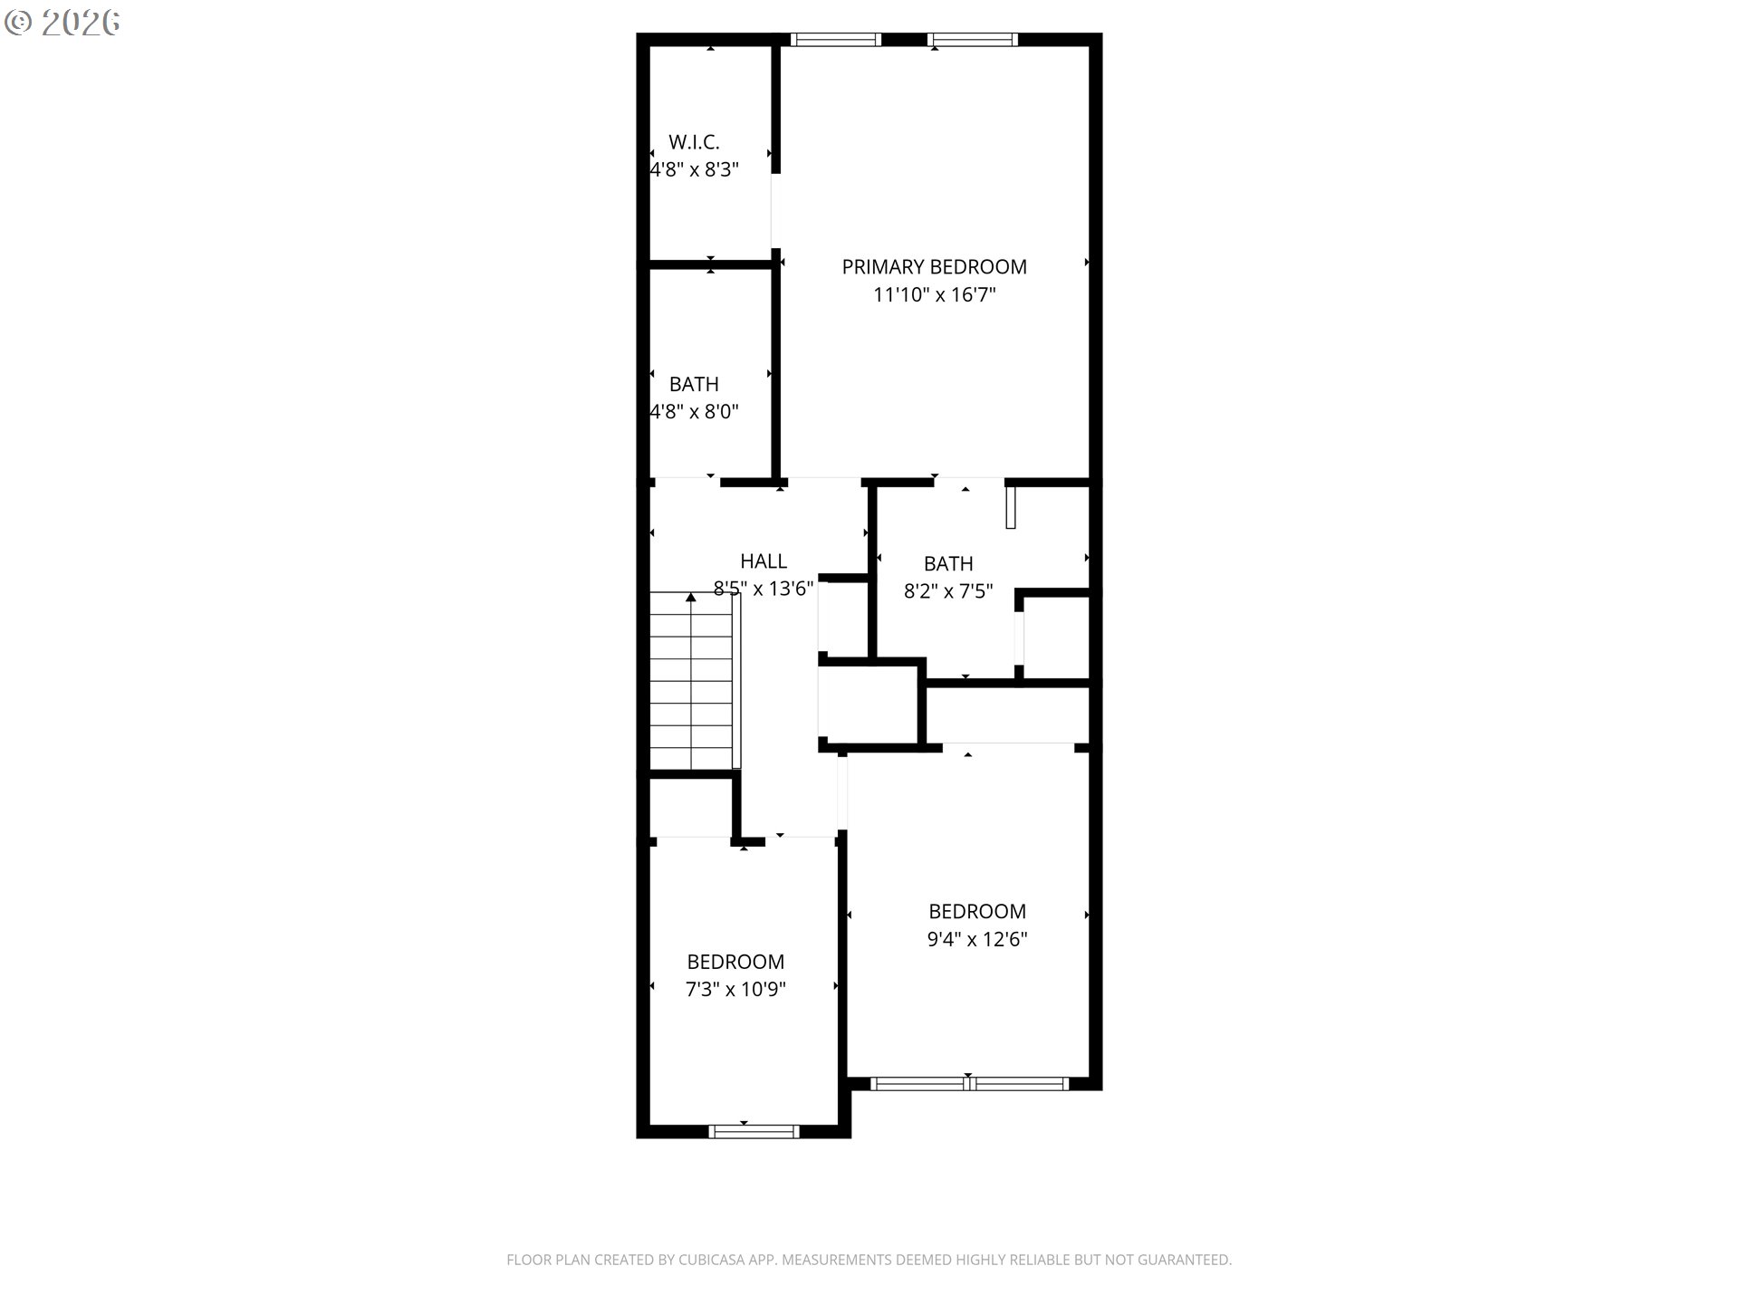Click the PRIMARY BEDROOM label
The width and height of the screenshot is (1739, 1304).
(x=934, y=267)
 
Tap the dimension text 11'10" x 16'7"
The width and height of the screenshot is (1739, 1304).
(x=934, y=295)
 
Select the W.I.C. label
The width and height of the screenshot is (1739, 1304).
(x=694, y=142)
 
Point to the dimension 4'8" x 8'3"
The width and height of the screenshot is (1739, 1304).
(x=694, y=170)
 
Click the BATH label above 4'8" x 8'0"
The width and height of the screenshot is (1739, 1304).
(x=694, y=384)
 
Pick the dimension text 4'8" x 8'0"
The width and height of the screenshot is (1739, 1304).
(x=694, y=412)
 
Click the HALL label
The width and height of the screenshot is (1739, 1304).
(x=764, y=561)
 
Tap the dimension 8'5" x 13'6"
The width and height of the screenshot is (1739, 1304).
(x=764, y=589)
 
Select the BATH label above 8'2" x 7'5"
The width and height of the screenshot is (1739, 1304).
(x=948, y=564)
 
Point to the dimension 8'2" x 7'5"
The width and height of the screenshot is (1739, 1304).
(x=948, y=592)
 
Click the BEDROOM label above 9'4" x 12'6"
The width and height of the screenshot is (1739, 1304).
(x=977, y=912)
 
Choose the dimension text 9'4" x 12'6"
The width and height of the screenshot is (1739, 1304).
(x=977, y=940)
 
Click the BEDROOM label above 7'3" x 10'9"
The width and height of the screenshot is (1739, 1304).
(x=735, y=962)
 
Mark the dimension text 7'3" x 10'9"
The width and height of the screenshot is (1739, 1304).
(x=735, y=990)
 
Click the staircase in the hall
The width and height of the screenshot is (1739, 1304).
(x=691, y=684)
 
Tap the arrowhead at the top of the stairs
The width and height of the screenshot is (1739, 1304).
(x=691, y=598)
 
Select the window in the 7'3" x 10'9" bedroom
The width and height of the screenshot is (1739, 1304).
(x=754, y=1130)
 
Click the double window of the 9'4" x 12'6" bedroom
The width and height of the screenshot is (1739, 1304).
(x=969, y=1083)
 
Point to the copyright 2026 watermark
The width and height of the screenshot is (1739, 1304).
(x=62, y=23)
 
